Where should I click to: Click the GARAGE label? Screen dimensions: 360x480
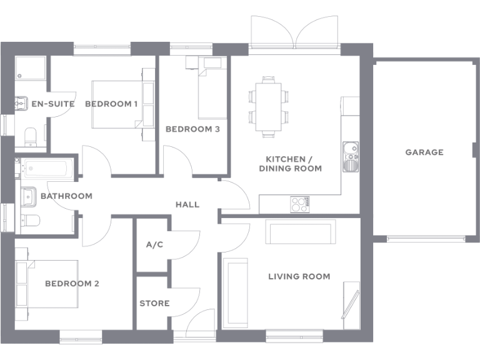[x=424, y=152]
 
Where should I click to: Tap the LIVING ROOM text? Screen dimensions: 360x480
[x=299, y=276]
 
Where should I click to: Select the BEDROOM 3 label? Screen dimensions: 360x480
[x=192, y=129]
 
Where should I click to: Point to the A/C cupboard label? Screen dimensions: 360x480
[x=154, y=244]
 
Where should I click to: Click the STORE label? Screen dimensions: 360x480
[x=154, y=303]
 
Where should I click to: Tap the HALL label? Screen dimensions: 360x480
[x=187, y=204]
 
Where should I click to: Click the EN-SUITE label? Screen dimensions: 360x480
[x=53, y=104]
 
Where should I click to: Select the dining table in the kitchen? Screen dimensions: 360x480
[x=269, y=105]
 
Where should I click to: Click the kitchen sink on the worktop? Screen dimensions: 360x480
[x=350, y=156]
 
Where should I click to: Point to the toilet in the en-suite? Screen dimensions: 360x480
[x=30, y=136]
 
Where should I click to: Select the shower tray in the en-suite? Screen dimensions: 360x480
[x=31, y=69]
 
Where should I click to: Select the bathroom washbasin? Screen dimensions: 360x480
[x=29, y=196]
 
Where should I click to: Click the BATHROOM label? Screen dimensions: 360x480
[x=66, y=196]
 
